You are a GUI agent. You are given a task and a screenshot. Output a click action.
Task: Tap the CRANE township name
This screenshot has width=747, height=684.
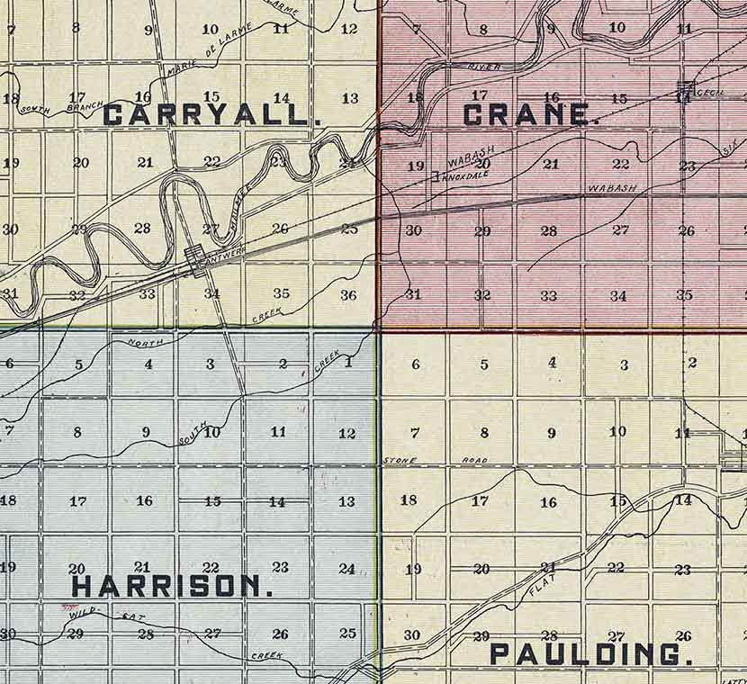(x=531, y=115)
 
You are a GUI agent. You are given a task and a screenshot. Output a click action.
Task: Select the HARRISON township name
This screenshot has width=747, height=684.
(x=171, y=587)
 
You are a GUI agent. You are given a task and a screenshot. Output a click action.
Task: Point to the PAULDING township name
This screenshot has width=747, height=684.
(x=591, y=654)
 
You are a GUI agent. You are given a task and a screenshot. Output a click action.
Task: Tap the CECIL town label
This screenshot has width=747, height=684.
(x=714, y=91)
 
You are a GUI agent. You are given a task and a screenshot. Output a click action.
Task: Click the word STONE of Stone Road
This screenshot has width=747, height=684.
(x=399, y=461)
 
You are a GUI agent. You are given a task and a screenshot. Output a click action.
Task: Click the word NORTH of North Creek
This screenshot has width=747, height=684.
(x=145, y=342)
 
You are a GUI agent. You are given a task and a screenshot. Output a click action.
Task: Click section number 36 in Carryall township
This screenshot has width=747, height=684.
(x=348, y=295)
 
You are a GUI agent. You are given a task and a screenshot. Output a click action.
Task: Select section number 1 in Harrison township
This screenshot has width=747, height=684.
(x=346, y=363)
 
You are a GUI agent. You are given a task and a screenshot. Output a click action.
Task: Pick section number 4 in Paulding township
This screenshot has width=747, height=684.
(x=553, y=363)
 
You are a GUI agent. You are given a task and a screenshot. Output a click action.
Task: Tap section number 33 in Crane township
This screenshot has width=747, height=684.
(x=548, y=295)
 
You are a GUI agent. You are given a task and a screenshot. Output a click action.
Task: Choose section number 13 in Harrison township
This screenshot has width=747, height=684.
(x=346, y=501)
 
